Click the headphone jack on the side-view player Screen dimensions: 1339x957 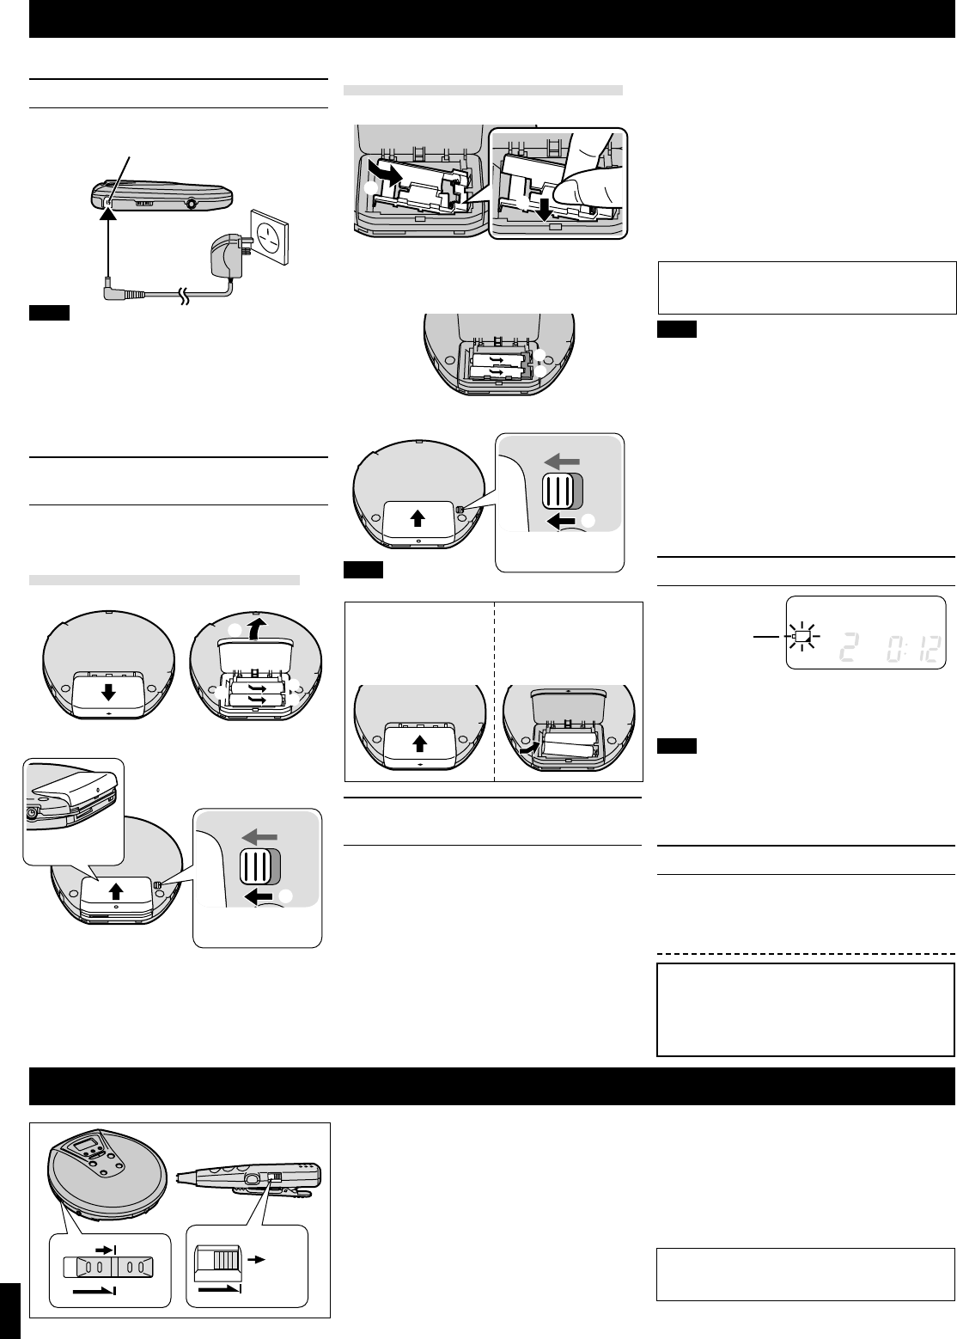(190, 205)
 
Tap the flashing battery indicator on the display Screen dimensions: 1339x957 (802, 637)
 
